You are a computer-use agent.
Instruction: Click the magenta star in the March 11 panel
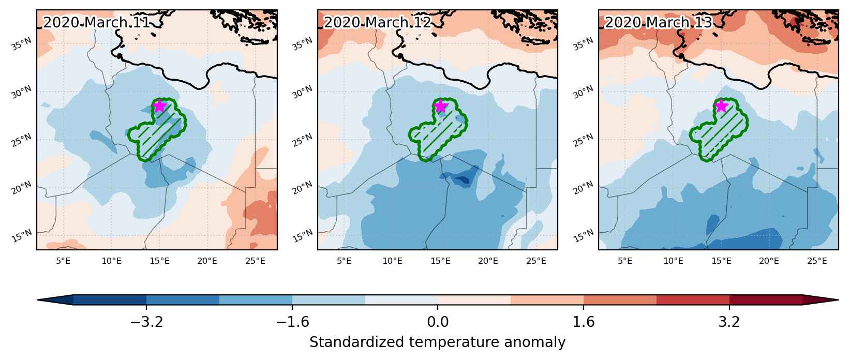159,106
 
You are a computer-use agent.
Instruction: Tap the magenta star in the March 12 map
440,106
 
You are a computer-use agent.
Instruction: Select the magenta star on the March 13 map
721,106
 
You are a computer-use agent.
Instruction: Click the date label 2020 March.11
97,23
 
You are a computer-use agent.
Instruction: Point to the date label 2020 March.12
378,23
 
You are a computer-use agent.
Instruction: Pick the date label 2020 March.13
659,23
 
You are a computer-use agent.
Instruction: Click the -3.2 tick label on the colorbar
146,322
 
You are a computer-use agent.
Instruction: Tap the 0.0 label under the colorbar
438,322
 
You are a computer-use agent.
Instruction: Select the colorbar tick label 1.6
584,322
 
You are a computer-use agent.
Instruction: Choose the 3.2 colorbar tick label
729,322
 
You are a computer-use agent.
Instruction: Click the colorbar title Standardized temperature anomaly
437,342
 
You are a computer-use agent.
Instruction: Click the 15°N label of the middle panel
303,236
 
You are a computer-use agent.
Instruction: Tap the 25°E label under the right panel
817,261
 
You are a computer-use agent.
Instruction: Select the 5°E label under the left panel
63,261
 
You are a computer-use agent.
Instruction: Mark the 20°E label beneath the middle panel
488,261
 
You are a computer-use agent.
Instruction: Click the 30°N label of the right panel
583,92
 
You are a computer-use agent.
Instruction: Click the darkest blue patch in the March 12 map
463,180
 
